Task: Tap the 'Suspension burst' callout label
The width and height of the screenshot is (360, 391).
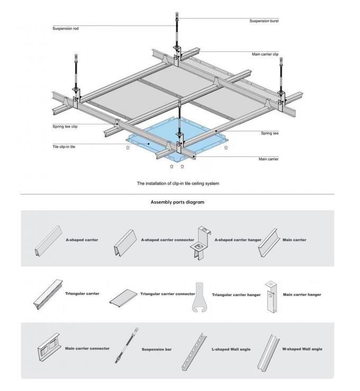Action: tap(264, 21)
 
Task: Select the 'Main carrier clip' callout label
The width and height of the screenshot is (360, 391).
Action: tap(265, 54)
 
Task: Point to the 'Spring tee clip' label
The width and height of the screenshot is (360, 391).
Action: tap(65, 126)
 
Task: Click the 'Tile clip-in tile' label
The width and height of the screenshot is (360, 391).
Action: tap(64, 146)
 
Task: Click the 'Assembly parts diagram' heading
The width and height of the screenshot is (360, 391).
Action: tap(177, 202)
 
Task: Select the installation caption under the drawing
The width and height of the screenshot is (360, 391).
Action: tap(177, 183)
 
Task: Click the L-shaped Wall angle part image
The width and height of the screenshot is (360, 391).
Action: tap(192, 352)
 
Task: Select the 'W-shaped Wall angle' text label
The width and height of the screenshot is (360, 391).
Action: tap(302, 349)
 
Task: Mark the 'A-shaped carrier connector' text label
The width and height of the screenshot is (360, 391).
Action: tap(167, 239)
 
